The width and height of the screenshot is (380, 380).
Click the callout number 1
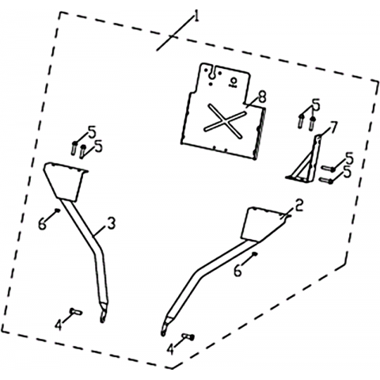196,17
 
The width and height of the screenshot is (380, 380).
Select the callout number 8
262,97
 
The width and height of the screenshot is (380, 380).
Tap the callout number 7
333,128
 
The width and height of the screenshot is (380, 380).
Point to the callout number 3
112,223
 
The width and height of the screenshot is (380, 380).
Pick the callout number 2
299,206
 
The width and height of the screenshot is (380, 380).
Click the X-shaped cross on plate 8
225,121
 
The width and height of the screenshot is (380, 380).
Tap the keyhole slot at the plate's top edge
211,72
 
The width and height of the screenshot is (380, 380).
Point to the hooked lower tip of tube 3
103,314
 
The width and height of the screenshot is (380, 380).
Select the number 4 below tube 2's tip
170,350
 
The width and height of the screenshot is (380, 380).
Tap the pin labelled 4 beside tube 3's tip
76,311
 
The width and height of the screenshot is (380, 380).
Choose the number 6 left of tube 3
42,225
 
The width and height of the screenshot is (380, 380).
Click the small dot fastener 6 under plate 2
254,254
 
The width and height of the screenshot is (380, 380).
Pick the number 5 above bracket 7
316,104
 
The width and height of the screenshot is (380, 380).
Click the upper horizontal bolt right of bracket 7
328,169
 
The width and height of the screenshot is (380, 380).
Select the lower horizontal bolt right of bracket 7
326,180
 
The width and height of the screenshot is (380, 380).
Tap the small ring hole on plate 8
233,80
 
